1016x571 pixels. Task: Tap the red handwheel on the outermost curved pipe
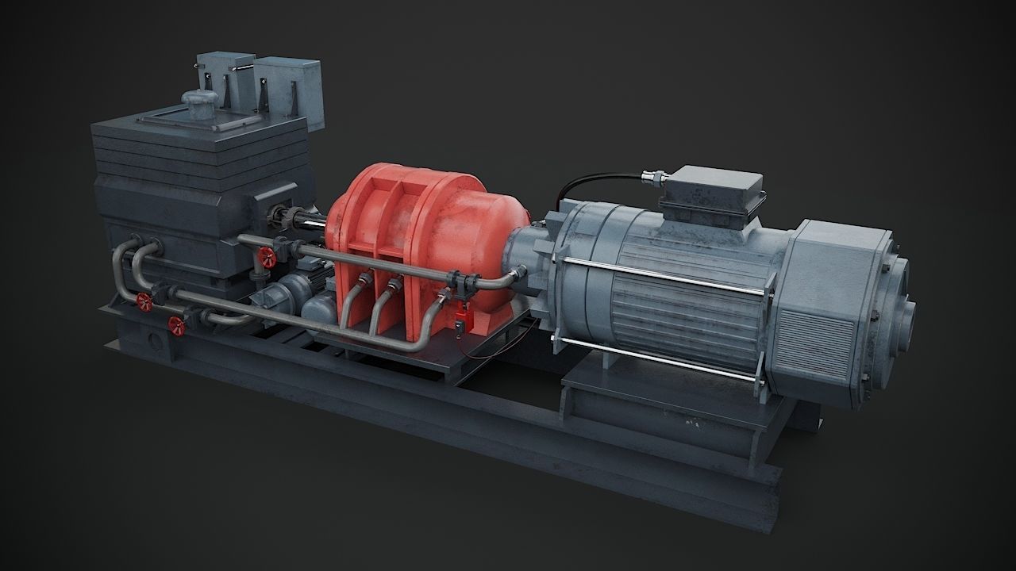[144, 301]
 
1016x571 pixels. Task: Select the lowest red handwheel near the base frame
[175, 323]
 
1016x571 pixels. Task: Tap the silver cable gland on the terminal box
[656, 177]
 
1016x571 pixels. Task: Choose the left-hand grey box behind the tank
[225, 75]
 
